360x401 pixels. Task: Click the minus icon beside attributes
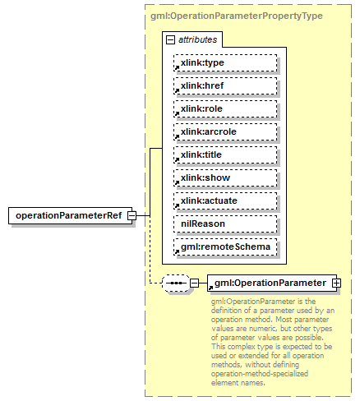point(170,39)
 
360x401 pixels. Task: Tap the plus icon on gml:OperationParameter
point(335,283)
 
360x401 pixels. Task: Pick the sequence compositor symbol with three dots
point(175,283)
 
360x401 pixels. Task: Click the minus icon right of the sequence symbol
point(195,283)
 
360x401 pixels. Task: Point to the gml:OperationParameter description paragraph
point(271,341)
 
